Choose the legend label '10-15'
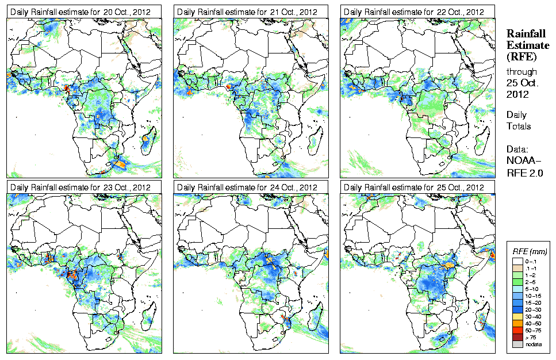(x=532, y=295)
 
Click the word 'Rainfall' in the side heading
(x=526, y=34)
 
